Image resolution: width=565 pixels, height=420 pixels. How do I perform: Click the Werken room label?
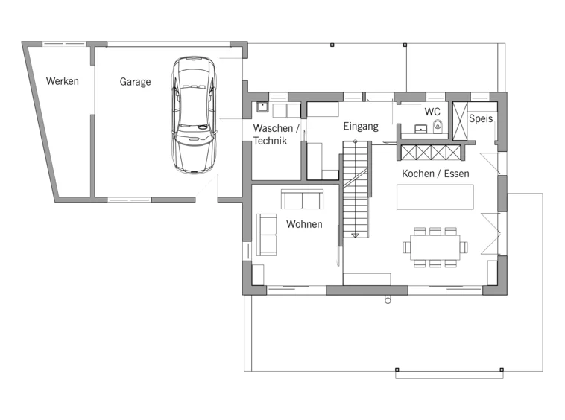(63, 81)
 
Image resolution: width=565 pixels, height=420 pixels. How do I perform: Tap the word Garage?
(135, 82)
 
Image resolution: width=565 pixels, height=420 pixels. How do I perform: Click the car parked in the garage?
(195, 115)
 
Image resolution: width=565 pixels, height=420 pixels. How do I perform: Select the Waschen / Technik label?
(276, 134)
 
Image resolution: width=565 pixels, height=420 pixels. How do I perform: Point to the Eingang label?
(361, 127)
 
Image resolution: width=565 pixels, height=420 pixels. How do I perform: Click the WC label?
(432, 112)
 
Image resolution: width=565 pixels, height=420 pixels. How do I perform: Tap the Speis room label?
(481, 118)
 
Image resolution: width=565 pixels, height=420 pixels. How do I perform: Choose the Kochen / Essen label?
(435, 174)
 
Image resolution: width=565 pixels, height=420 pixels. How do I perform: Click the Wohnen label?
(304, 224)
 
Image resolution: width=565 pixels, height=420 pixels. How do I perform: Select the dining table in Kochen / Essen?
(435, 247)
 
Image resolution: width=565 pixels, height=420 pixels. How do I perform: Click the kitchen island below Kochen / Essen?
(435, 197)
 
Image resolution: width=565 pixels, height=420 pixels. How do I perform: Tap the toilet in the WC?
(438, 126)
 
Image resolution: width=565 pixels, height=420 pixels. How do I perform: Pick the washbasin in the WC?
(420, 129)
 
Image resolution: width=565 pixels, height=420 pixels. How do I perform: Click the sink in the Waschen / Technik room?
(262, 107)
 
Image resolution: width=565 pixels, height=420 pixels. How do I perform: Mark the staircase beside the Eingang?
(356, 189)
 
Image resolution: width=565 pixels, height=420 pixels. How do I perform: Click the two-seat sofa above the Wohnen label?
(302, 200)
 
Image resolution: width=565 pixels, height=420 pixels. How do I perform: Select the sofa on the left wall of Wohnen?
(266, 235)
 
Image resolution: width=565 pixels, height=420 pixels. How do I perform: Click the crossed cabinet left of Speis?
(460, 121)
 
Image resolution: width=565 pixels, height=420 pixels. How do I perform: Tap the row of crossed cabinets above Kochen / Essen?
(431, 152)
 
